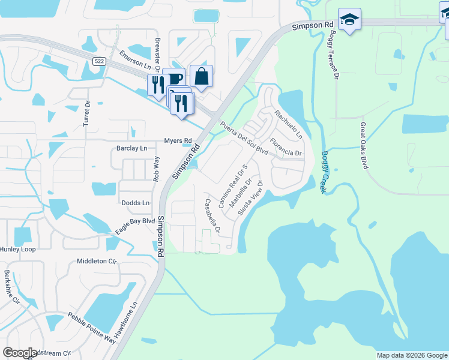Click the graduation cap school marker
(349, 20)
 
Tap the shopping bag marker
(201, 77)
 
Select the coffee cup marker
(174, 79)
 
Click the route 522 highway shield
(100, 61)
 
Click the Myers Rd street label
(178, 141)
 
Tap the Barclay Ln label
(131, 148)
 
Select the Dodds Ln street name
(135, 203)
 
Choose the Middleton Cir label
(96, 261)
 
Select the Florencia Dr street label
(286, 148)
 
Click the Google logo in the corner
(20, 353)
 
